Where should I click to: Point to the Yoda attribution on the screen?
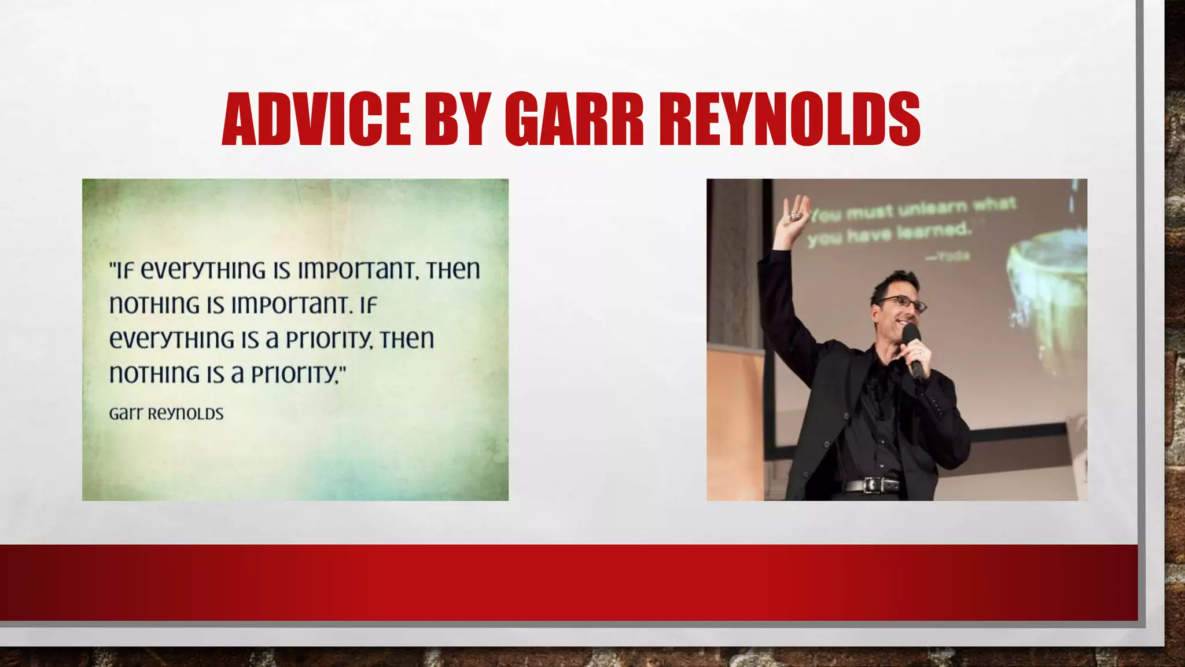click(x=949, y=255)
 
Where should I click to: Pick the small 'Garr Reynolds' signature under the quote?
click(x=166, y=413)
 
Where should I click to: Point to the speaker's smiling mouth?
click(x=903, y=322)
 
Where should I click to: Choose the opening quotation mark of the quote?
click(x=113, y=265)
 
